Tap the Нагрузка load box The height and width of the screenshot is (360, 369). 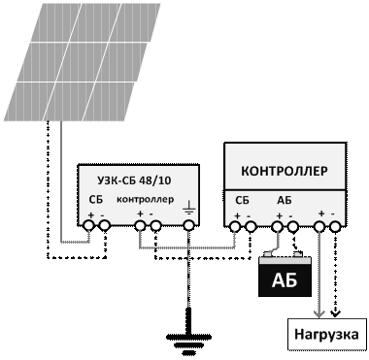(326, 334)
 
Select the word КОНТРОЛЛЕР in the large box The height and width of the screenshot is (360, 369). (285, 171)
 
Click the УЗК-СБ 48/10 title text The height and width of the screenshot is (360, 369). (134, 180)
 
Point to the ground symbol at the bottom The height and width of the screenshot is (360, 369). (189, 340)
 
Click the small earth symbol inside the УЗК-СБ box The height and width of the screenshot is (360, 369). (189, 208)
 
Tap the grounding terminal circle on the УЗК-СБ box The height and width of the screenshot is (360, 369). (189, 225)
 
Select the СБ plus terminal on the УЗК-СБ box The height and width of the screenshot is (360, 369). (88, 225)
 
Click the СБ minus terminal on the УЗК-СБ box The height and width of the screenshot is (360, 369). (104, 225)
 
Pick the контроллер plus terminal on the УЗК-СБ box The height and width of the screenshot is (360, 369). (140, 225)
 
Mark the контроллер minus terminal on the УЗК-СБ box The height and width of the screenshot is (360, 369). (155, 225)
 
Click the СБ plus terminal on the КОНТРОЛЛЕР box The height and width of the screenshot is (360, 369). (235, 227)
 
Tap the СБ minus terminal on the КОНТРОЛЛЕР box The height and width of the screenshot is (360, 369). (251, 227)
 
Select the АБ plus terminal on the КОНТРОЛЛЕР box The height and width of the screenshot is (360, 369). (278, 227)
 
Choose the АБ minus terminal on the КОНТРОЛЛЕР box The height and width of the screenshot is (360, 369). (293, 227)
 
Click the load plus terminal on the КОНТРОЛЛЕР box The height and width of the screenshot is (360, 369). (319, 227)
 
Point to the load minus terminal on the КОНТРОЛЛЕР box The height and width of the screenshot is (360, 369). (335, 227)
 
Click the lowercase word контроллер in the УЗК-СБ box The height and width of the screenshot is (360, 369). (145, 200)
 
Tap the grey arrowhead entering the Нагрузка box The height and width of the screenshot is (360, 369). (319, 313)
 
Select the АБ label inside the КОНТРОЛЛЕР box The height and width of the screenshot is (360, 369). (285, 201)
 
